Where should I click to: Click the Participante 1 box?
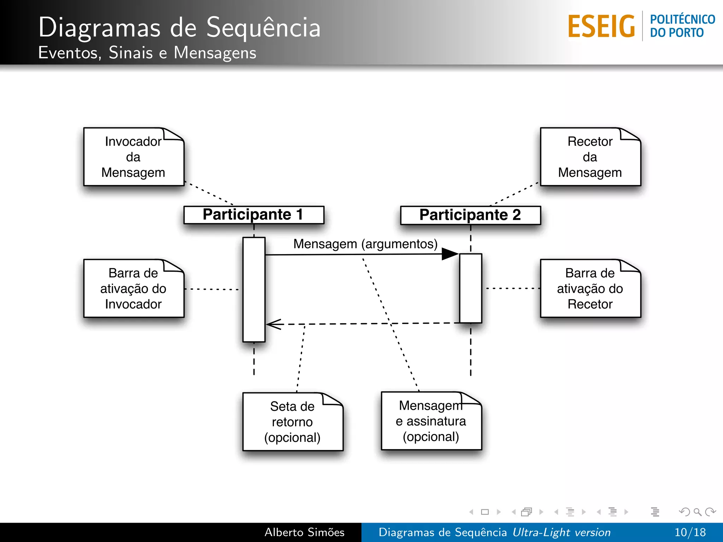[x=253, y=215]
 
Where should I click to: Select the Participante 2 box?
[x=470, y=215]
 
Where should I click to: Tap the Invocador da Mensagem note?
[x=133, y=157]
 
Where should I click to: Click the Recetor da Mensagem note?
[x=590, y=157]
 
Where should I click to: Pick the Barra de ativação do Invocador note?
[x=133, y=289]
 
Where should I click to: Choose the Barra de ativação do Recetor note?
[x=590, y=289]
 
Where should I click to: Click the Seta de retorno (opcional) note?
[x=292, y=422]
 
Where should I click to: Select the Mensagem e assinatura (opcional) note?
[x=431, y=421]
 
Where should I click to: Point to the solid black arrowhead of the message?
[x=450, y=254]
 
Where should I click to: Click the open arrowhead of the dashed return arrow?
[x=274, y=324]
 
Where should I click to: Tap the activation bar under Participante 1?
[x=254, y=289]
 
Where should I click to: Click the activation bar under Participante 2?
[x=470, y=288]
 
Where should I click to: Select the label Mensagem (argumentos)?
[x=365, y=244]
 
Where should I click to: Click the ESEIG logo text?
[x=601, y=26]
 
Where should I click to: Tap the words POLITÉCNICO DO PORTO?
[x=682, y=26]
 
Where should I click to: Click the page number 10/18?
[x=690, y=532]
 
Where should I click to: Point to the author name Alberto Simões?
[x=304, y=532]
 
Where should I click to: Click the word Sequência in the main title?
[x=263, y=28]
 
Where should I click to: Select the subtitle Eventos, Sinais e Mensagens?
[x=147, y=53]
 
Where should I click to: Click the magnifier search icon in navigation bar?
[x=697, y=512]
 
